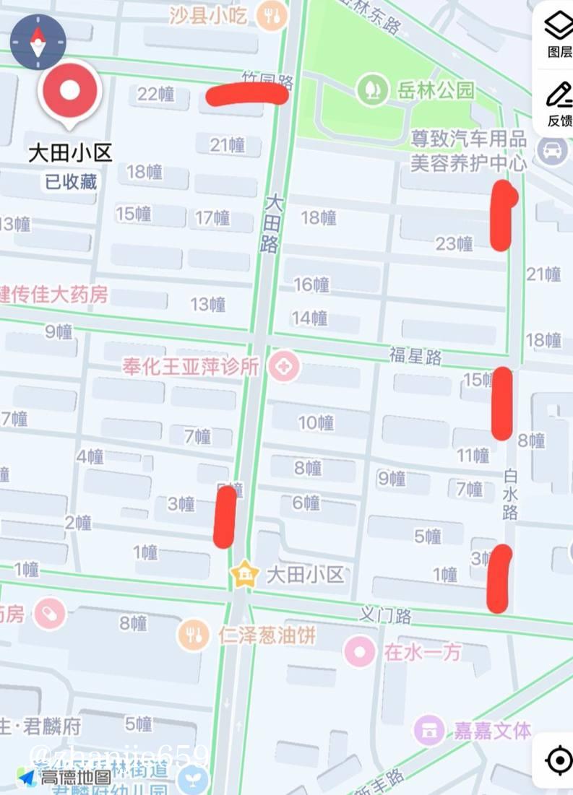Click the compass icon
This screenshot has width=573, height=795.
(38, 42)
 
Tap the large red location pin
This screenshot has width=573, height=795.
(69, 92)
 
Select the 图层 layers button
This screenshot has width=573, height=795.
(559, 33)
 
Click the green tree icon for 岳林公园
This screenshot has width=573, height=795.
(372, 90)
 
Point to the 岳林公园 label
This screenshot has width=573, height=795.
(436, 90)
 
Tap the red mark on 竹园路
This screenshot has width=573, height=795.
(247, 95)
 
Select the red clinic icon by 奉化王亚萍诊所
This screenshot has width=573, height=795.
(284, 368)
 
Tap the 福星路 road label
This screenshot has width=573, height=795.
(415, 355)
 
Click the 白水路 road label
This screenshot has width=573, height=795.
(511, 494)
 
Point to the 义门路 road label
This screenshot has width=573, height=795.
(386, 616)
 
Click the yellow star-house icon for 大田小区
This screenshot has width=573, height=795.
(246, 574)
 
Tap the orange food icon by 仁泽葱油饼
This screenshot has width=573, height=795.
(193, 635)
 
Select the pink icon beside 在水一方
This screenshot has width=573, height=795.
(359, 652)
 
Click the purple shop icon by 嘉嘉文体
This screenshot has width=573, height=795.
(429, 730)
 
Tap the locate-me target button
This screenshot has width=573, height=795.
(559, 760)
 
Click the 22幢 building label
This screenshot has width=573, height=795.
(156, 94)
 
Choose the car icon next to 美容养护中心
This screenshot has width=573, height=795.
(553, 150)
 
